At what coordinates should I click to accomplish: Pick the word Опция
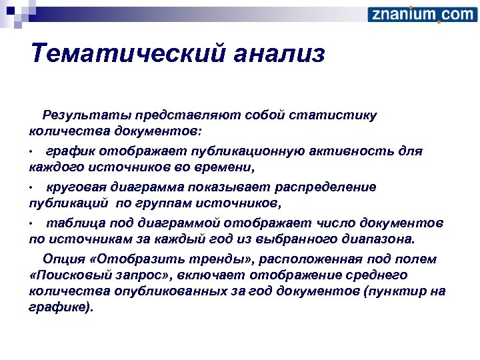pyautogui.click(x=62, y=259)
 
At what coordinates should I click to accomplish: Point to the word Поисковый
pyautogui.click(x=79, y=274)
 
